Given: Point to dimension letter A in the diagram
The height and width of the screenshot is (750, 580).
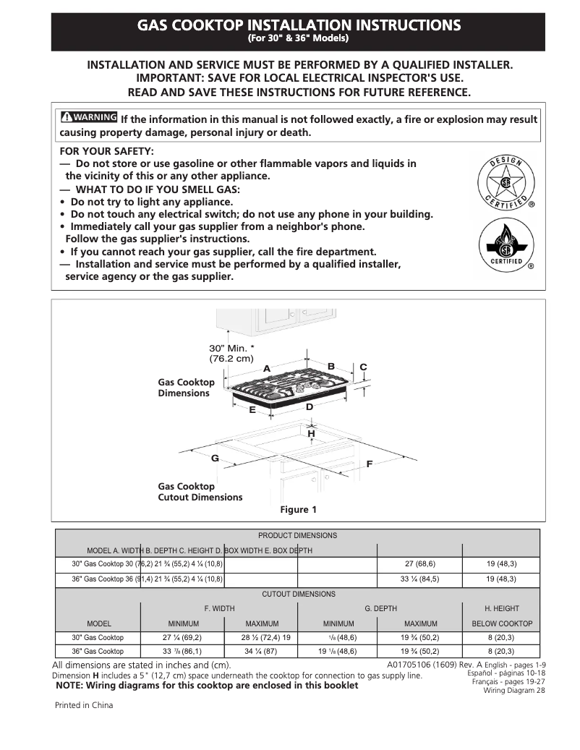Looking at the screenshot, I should pos(266,369).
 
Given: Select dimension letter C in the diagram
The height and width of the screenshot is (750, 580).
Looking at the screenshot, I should pos(363,367).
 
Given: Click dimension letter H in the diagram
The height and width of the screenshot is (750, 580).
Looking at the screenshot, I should pos(312,433).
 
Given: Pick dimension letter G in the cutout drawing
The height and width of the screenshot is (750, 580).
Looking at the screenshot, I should pos(215,459).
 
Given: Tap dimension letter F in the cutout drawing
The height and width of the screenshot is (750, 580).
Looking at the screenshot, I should pos(369,463).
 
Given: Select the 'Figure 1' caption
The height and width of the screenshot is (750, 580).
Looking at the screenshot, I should pos(299,510).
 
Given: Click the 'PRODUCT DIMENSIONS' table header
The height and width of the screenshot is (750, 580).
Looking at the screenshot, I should pos(297,536).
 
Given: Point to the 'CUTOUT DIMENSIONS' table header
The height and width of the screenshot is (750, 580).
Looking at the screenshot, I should pos(298,594).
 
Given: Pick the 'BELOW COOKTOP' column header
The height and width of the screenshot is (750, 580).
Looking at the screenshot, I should pos(501,623).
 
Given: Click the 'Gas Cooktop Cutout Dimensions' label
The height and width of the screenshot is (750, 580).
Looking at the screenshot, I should pos(200,492).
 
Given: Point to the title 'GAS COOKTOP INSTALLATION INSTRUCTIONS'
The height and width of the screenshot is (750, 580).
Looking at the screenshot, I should pos(299,25).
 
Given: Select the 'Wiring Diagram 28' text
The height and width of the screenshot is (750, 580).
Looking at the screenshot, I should pos(514,691).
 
